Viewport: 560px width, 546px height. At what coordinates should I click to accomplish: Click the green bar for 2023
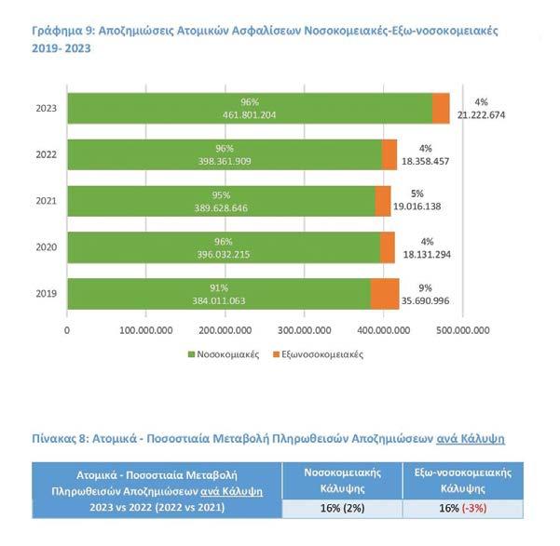[250, 109]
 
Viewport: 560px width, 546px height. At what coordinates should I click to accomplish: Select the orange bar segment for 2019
[385, 294]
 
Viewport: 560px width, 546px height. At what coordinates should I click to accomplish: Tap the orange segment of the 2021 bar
[383, 201]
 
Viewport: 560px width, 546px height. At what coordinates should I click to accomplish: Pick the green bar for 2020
[224, 247]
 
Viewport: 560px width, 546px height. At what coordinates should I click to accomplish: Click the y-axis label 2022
[47, 154]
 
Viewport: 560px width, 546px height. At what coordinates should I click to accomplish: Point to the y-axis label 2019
[47, 294]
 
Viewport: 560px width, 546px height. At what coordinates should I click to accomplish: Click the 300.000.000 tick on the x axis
[305, 329]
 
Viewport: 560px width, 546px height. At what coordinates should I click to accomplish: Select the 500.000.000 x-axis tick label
[463, 329]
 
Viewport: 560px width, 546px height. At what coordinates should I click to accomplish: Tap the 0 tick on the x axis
[67, 329]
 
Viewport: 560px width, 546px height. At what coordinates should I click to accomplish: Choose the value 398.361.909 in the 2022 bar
[224, 161]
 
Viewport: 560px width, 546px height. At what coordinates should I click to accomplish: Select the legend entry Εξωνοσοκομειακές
[318, 354]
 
